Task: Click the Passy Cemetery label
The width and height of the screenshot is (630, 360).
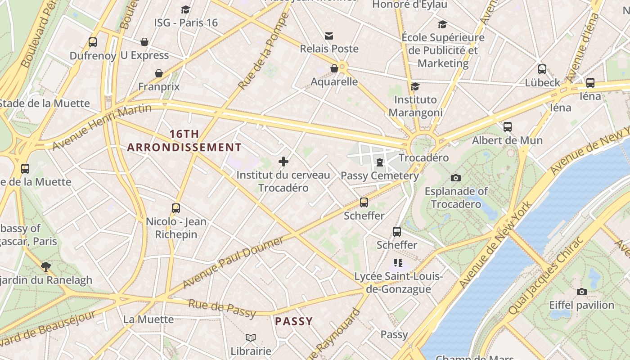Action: tap(380, 175)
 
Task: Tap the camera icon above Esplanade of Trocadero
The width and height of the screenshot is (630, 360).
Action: tap(456, 178)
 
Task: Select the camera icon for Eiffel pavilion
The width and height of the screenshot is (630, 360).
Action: tap(581, 292)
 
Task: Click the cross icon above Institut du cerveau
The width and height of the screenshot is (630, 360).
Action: tap(283, 161)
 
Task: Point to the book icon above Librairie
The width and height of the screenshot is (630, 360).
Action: tap(251, 337)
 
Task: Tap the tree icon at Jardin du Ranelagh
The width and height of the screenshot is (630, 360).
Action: tap(45, 266)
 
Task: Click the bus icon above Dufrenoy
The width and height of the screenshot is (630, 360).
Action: tap(93, 42)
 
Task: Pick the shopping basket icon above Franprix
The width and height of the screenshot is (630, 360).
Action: tap(159, 73)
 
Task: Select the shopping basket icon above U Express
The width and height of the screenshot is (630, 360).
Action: tap(144, 42)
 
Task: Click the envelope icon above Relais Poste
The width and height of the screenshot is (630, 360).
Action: tap(329, 36)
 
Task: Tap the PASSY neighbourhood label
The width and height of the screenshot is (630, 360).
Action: tap(294, 321)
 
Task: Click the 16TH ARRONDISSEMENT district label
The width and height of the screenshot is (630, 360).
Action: tap(184, 141)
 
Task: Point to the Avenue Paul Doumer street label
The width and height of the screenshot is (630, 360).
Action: tap(233, 262)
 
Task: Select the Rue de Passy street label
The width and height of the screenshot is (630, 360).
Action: tap(222, 309)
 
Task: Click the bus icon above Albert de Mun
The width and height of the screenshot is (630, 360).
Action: tap(508, 127)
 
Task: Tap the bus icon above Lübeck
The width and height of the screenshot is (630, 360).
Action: tap(542, 69)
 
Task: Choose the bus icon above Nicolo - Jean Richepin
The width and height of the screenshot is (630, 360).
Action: tap(176, 208)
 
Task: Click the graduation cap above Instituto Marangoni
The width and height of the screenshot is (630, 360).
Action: tap(415, 86)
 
